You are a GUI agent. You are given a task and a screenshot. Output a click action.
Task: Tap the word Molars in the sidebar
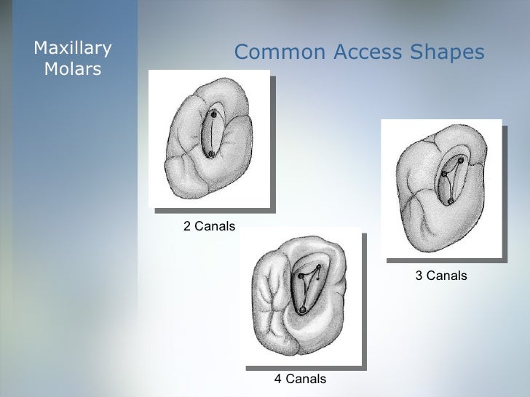pyautogui.click(x=73, y=70)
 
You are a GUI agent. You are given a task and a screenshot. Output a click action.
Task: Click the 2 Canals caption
pyautogui.click(x=209, y=227)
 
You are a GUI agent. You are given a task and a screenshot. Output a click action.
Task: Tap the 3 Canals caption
pyautogui.click(x=440, y=276)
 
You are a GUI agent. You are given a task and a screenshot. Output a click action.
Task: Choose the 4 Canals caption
pyautogui.click(x=299, y=379)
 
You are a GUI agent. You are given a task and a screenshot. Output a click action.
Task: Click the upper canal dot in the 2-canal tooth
pyautogui.click(x=213, y=114)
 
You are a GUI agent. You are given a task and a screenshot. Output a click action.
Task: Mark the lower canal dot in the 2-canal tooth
pyautogui.click(x=210, y=154)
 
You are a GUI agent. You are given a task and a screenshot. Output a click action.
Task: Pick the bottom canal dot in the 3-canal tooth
pyautogui.click(x=451, y=201)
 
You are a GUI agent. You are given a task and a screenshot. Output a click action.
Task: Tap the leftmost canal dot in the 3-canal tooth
pyautogui.click(x=443, y=175)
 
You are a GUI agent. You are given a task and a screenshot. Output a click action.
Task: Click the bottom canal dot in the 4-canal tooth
pyautogui.click(x=302, y=310)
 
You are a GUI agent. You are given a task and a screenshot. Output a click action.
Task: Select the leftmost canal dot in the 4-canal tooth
pyautogui.click(x=301, y=276)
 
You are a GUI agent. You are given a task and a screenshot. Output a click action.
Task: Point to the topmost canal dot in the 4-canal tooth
pyautogui.click(x=318, y=268)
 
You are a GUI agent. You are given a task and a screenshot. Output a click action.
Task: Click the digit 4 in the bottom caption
pyautogui.click(x=277, y=379)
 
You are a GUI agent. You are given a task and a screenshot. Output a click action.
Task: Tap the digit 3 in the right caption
pyautogui.click(x=419, y=276)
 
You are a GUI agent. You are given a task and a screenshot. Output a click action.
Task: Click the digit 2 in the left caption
pyautogui.click(x=187, y=227)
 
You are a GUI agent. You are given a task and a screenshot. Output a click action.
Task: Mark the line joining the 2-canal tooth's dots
pyautogui.click(x=212, y=135)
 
